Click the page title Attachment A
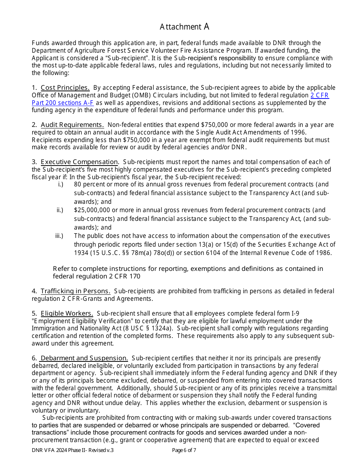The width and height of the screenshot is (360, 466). coord(184,27)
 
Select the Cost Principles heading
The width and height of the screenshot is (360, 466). coord(65,88)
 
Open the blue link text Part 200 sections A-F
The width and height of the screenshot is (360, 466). coord(63,103)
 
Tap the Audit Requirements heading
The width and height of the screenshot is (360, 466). coord(72,125)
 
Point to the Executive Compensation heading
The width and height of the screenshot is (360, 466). coord(80,162)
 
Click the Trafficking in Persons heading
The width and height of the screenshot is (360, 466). coord(75,291)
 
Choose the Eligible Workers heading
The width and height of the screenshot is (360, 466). coord(67,313)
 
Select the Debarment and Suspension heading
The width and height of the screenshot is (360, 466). coord(84,358)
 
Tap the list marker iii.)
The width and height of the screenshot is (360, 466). coord(59,236)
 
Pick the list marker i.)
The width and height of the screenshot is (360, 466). coord(60,184)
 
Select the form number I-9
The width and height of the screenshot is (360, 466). coord(295,313)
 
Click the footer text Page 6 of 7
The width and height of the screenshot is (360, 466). coord(184,450)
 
